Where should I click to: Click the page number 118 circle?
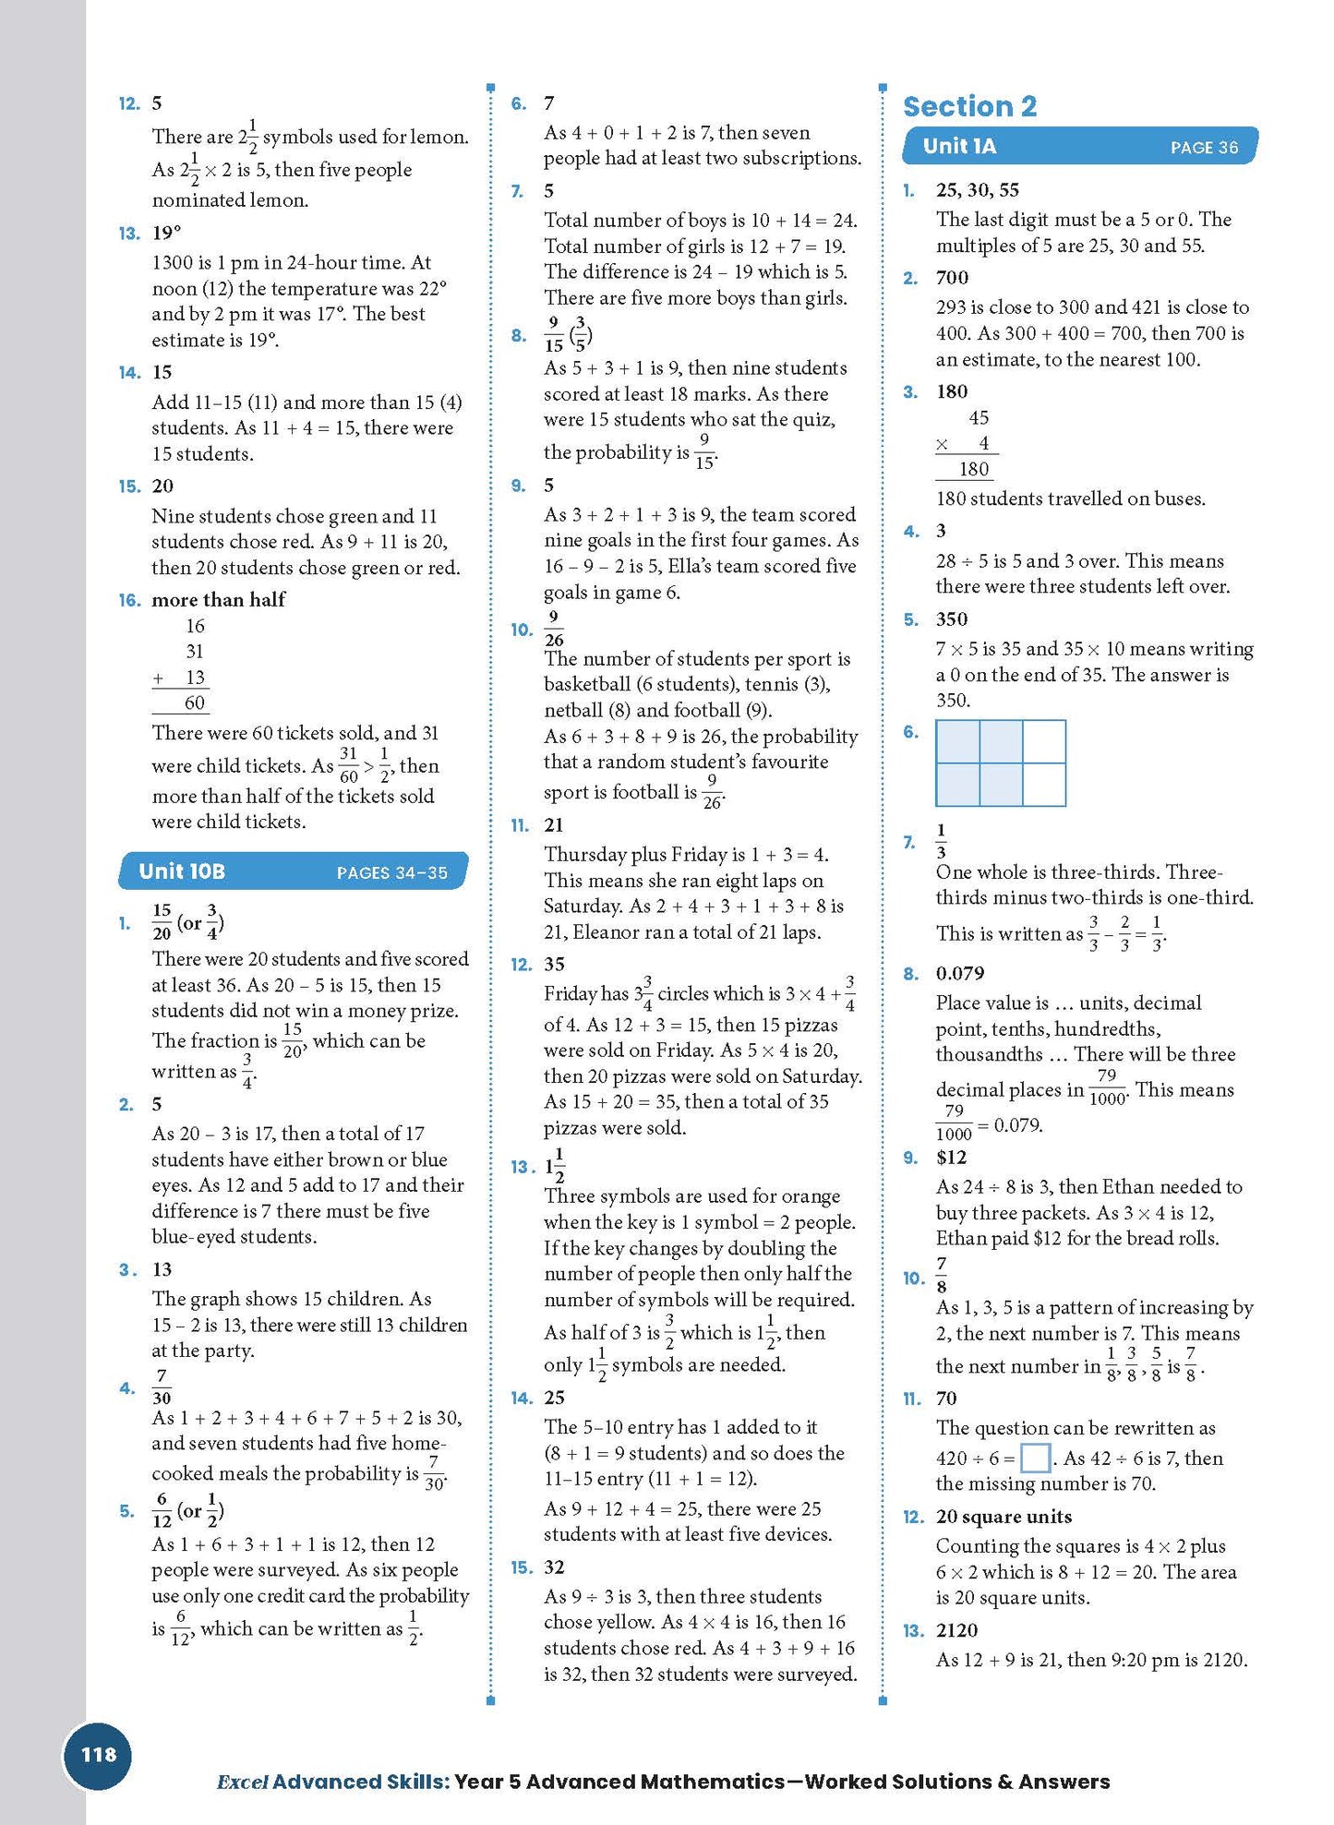click(x=98, y=1755)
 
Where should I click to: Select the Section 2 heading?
click(x=969, y=106)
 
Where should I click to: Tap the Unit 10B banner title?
click(x=182, y=871)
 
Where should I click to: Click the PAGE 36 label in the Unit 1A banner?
click(x=1204, y=148)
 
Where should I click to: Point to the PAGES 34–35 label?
click(x=391, y=872)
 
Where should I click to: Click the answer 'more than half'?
click(x=219, y=600)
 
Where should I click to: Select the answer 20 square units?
click(x=1004, y=1517)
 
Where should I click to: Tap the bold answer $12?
click(x=951, y=1158)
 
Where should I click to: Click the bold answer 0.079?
click(x=960, y=974)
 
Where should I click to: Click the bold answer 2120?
click(x=956, y=1630)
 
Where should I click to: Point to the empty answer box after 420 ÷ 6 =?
click(x=1035, y=1459)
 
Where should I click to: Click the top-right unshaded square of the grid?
click(x=1044, y=741)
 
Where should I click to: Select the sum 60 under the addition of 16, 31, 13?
click(x=195, y=703)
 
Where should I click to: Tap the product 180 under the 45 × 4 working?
click(x=974, y=469)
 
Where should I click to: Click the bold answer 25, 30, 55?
click(x=978, y=190)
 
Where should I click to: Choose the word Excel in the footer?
click(x=242, y=1782)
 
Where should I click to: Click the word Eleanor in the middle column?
click(x=609, y=932)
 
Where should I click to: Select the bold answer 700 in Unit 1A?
click(x=952, y=278)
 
